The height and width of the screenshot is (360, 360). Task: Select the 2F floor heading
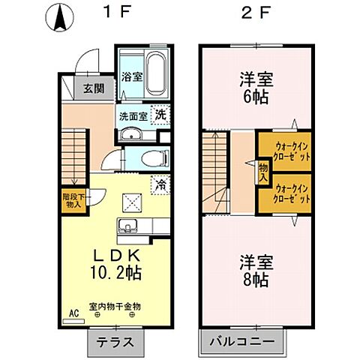(256, 13)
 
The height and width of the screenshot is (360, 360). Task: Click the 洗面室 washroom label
(132, 116)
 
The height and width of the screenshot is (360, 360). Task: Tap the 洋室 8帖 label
(256, 271)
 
